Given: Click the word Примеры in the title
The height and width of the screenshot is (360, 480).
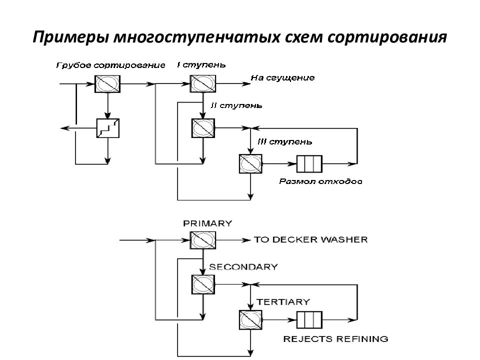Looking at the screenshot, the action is click(x=71, y=37).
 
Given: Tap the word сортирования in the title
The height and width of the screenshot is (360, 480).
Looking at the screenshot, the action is click(x=387, y=37).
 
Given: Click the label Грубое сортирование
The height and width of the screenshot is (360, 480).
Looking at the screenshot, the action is click(x=111, y=65).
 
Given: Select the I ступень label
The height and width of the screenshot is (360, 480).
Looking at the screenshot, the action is click(x=201, y=65).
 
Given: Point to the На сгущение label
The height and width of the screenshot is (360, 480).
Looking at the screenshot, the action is click(x=282, y=78).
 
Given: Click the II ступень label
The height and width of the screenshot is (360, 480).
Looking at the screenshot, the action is click(x=236, y=105).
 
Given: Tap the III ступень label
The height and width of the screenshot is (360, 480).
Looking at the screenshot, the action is click(x=285, y=141).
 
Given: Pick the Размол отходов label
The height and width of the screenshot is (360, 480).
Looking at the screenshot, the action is click(x=320, y=181).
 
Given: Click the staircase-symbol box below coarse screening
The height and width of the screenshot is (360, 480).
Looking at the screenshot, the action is click(x=108, y=128).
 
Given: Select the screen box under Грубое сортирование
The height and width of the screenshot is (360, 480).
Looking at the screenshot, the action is click(x=107, y=83).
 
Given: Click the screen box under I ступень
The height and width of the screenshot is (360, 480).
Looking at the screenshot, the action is click(x=203, y=83).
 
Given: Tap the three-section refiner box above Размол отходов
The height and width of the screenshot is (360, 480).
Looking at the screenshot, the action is click(x=309, y=164).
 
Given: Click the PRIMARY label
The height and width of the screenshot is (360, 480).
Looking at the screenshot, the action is click(x=207, y=223).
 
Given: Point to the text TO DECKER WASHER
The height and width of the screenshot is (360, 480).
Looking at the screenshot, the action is click(x=310, y=239).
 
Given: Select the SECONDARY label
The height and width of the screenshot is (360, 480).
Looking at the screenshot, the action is click(x=243, y=267).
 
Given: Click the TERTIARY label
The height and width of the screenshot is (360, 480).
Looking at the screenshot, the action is click(x=283, y=302).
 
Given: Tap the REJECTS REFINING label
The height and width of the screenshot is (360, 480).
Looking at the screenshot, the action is click(x=336, y=339).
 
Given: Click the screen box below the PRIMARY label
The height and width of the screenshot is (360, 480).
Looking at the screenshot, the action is click(x=203, y=240).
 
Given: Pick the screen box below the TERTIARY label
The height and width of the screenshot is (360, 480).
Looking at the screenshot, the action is click(x=250, y=320).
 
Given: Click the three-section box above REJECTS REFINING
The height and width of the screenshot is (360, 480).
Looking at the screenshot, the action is click(x=309, y=320).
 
